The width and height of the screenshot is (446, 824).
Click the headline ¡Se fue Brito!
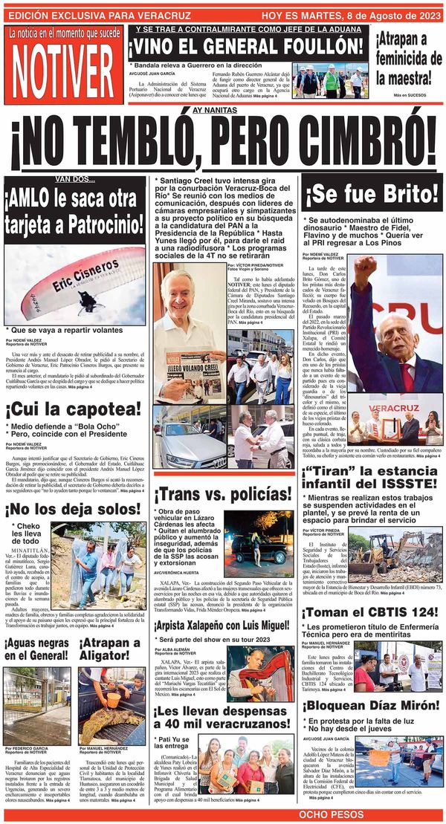372,195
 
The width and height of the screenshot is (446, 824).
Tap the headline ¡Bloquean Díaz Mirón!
371,705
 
